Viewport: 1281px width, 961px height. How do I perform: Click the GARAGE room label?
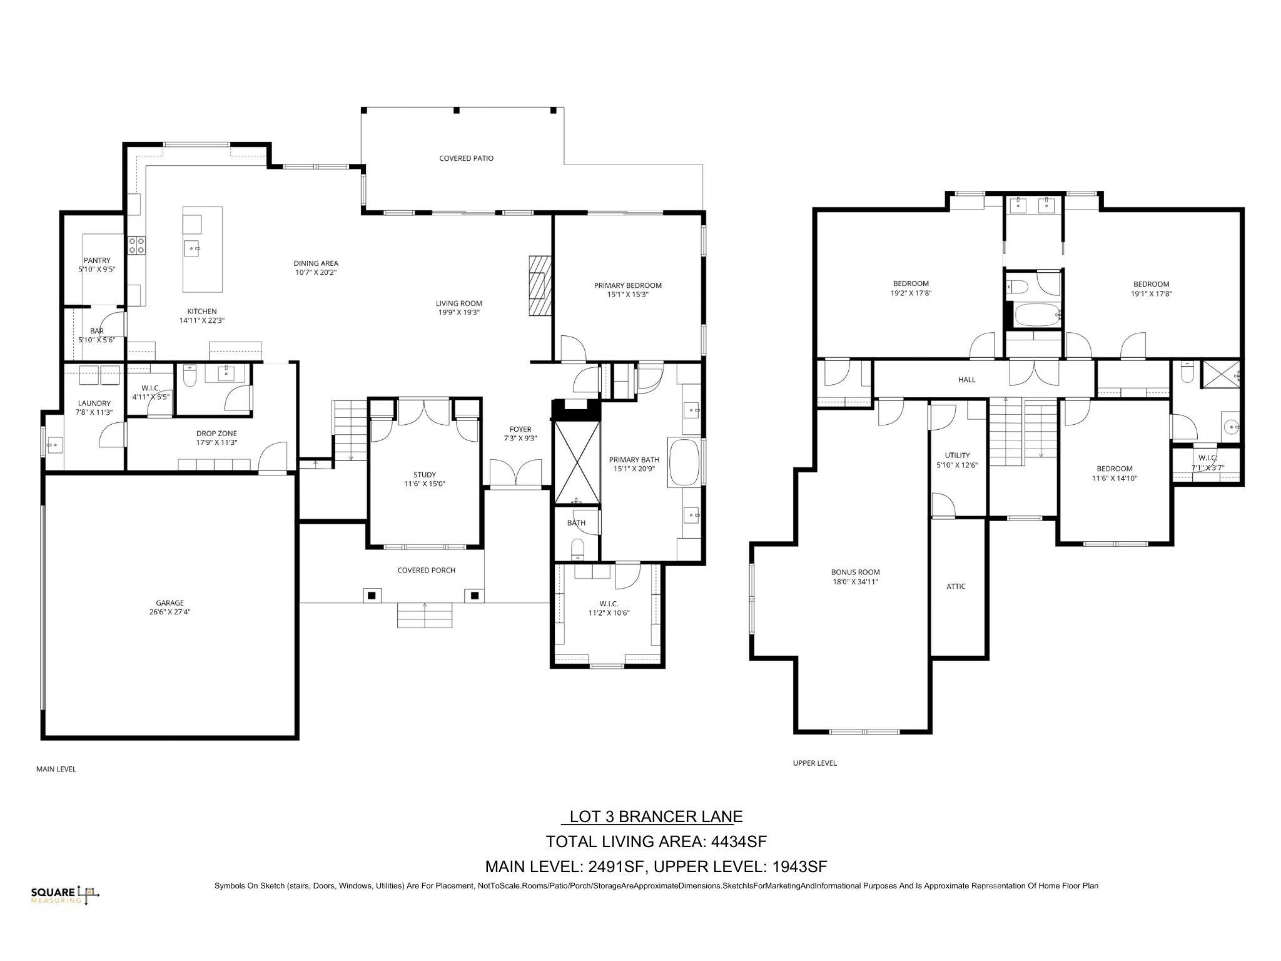point(165,603)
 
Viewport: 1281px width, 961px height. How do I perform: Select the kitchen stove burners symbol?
point(136,245)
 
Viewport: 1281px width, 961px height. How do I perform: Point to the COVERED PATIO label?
point(466,158)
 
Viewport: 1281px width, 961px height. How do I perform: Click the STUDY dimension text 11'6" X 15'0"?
point(424,484)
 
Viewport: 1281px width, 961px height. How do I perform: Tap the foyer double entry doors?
point(515,473)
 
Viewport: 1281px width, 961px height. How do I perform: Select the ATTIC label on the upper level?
point(955,586)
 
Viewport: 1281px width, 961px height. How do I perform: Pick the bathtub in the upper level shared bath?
point(1033,315)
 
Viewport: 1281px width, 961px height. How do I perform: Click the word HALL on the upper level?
point(966,379)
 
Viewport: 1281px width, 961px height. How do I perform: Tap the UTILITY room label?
point(957,455)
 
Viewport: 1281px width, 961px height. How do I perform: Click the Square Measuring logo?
point(65,895)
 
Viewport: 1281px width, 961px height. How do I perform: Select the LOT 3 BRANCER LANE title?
point(654,816)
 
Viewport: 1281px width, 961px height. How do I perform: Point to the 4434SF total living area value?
point(738,842)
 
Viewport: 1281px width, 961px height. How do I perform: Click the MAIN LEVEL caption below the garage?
point(56,769)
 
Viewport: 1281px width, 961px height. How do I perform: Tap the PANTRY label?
point(97,260)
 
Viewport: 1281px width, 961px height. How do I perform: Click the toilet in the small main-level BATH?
point(577,549)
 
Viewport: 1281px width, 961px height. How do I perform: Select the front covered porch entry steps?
point(424,616)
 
